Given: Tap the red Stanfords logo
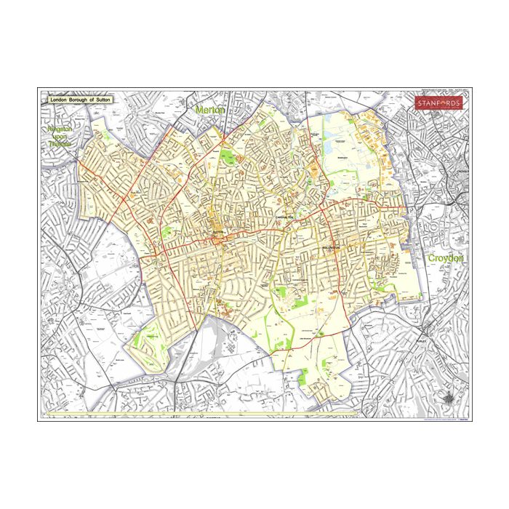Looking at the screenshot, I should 438,103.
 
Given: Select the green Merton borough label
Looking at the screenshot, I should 210,109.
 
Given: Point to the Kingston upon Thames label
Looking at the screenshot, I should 61,136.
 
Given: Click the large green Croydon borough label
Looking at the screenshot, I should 445,258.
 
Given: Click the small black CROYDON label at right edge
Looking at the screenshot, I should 462,171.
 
